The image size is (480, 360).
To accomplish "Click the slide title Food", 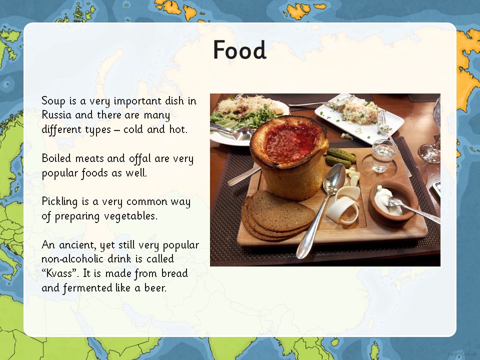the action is [239, 49].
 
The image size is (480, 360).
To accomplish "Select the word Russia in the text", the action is [56, 115].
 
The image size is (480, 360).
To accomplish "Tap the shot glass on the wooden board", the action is [383, 155].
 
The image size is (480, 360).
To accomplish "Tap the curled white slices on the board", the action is [344, 204].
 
